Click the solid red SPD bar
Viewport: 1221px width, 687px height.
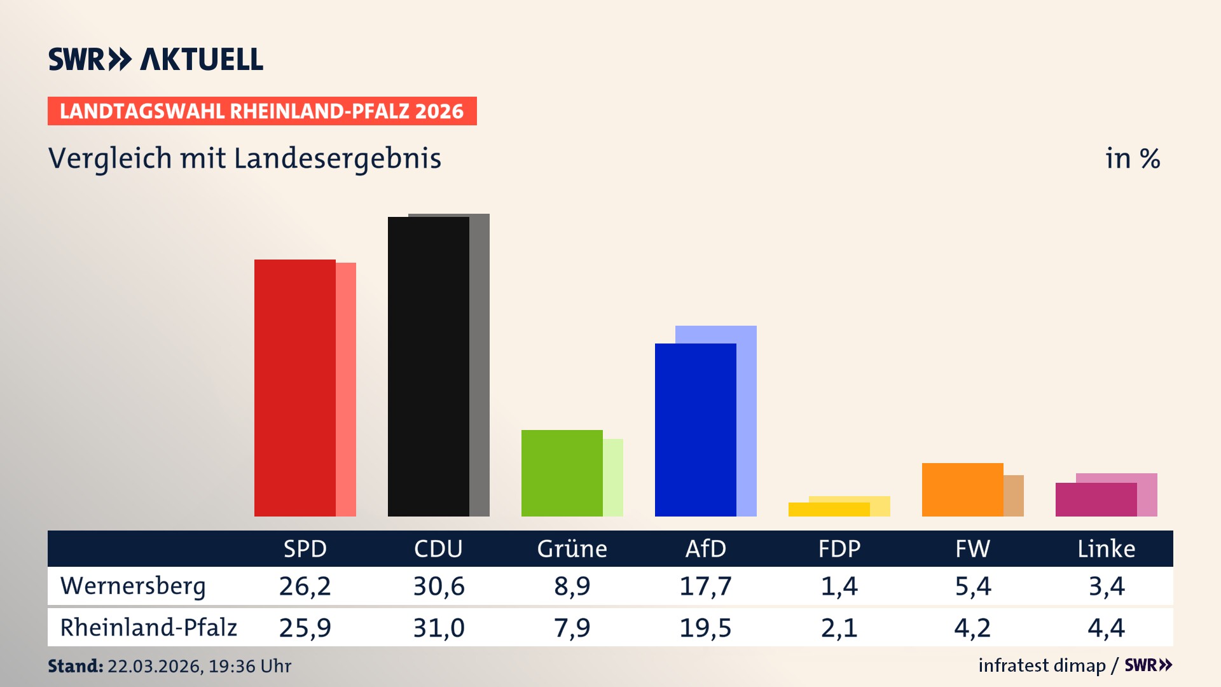coord(294,388)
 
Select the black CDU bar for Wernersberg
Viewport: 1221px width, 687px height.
coord(428,367)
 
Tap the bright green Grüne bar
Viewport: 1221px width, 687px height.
coord(562,473)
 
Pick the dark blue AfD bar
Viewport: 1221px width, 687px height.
coord(695,430)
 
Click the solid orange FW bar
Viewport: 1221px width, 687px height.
coord(962,490)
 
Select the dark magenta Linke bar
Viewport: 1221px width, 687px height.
coord(1096,500)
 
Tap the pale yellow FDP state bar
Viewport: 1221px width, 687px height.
coord(881,506)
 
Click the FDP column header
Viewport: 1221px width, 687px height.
coord(839,549)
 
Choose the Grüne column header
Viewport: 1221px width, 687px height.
coord(572,549)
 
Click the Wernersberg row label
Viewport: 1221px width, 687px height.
coord(133,586)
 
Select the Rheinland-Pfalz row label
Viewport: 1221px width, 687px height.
coord(148,628)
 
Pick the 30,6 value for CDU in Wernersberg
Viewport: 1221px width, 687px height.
coord(439,586)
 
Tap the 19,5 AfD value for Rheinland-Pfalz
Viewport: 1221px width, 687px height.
coord(705,628)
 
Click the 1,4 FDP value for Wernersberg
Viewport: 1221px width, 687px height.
coord(839,586)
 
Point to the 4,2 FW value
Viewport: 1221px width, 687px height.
coord(972,628)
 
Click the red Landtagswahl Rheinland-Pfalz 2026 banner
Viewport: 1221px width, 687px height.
coord(262,111)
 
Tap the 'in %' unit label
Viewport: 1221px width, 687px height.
coord(1133,159)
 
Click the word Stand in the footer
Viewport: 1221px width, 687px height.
coord(75,666)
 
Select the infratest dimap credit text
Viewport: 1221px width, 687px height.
coord(1042,665)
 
